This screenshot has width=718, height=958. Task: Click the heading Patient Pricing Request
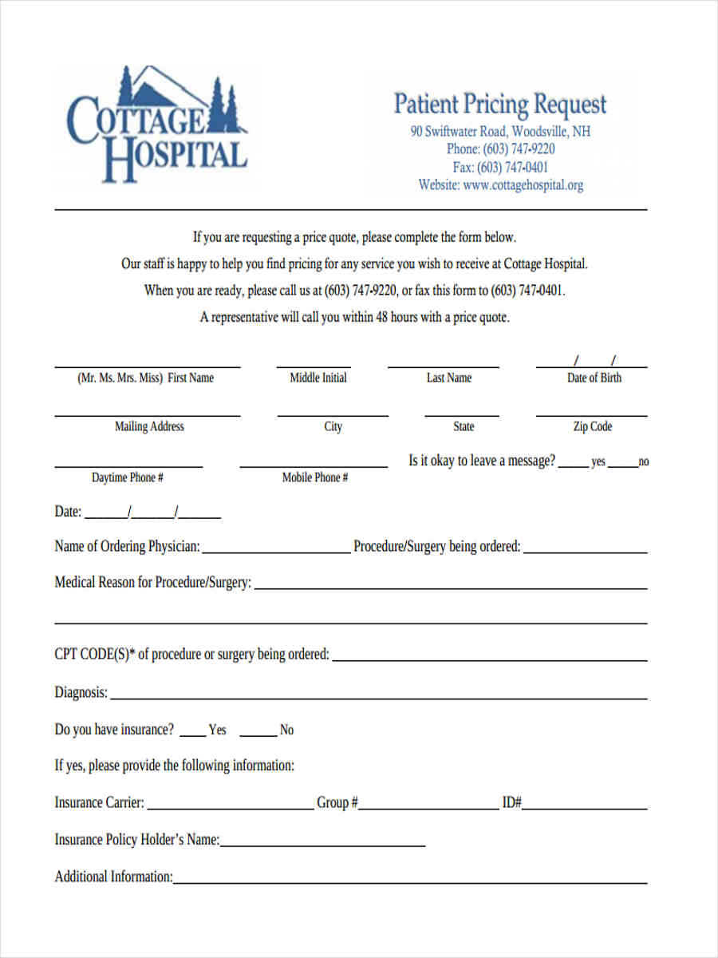pyautogui.click(x=500, y=105)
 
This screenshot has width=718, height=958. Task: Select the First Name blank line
pyautogui.click(x=147, y=366)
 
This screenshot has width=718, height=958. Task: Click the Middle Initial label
pyautogui.click(x=318, y=378)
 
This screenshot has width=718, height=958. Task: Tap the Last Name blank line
pyautogui.click(x=444, y=366)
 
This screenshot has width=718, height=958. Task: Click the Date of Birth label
pyautogui.click(x=594, y=378)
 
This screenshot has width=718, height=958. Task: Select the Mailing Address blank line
pyautogui.click(x=147, y=414)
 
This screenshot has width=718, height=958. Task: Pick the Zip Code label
pyautogui.click(x=593, y=426)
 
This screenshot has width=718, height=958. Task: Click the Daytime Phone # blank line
pyautogui.click(x=128, y=465)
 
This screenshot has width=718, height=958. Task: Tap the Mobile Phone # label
pyautogui.click(x=315, y=477)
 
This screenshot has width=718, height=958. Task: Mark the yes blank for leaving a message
pyautogui.click(x=573, y=465)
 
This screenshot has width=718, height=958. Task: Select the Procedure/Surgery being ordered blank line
pyautogui.click(x=585, y=552)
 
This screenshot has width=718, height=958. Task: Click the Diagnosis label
pyautogui.click(x=81, y=692)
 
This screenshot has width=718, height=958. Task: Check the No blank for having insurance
pyautogui.click(x=258, y=734)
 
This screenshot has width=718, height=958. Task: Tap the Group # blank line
pyautogui.click(x=428, y=808)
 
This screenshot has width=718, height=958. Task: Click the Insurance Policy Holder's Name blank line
pyautogui.click(x=322, y=845)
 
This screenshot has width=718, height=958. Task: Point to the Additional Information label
pyautogui.click(x=113, y=877)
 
